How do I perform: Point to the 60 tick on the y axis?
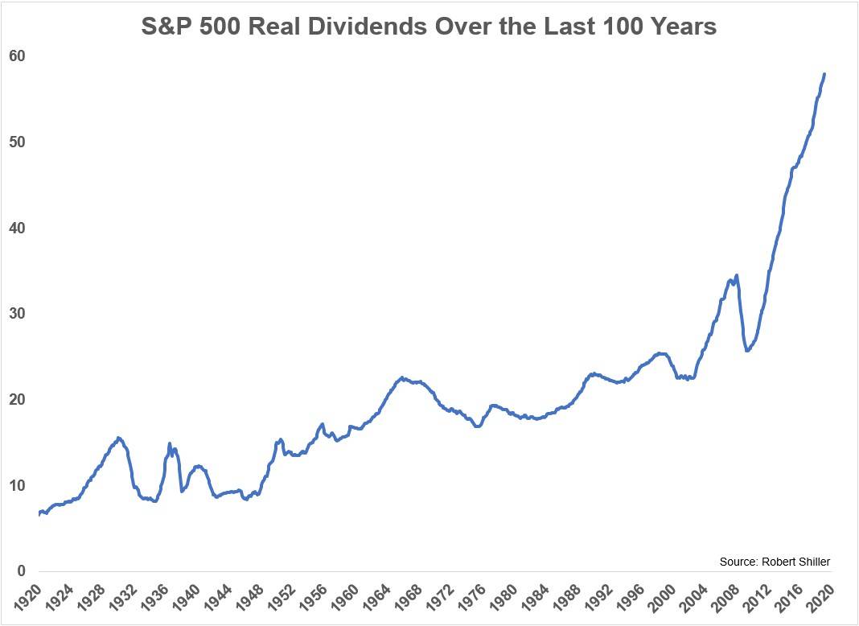(x=18, y=56)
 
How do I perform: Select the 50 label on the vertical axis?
(x=18, y=142)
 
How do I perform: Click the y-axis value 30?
(x=18, y=314)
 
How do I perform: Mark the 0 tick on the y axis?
(x=23, y=571)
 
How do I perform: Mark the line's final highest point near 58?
(x=824, y=74)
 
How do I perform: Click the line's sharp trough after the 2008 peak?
(x=748, y=351)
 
